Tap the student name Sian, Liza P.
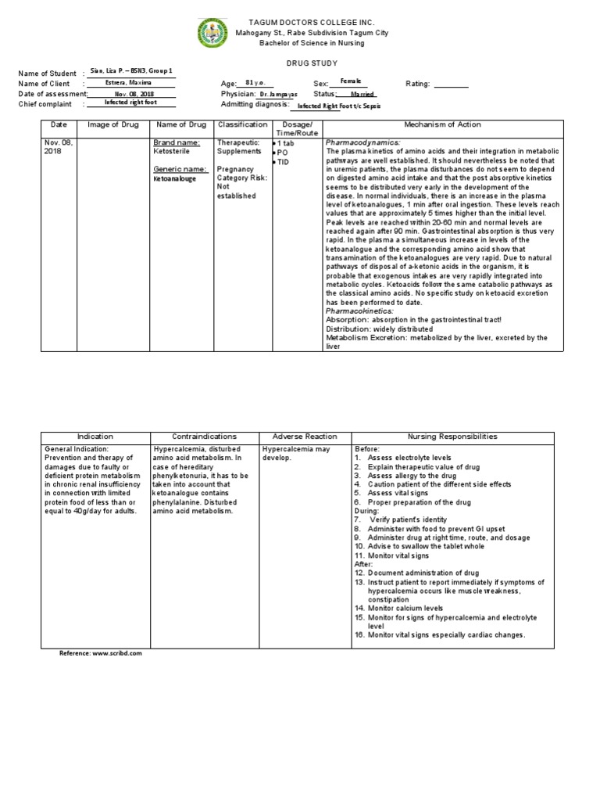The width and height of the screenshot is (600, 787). [x=130, y=71]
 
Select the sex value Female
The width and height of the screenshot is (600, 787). [x=351, y=81]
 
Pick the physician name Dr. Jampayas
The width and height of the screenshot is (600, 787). [x=277, y=94]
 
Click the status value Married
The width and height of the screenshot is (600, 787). [x=362, y=94]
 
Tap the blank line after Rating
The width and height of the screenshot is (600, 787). [x=451, y=84]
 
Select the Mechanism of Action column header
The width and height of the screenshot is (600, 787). [x=442, y=125]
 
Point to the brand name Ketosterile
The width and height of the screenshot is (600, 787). [x=172, y=152]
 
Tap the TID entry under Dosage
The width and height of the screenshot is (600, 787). [x=284, y=161]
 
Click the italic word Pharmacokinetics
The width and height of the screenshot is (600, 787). [x=359, y=311]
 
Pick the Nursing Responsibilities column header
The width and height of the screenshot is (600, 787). [x=452, y=437]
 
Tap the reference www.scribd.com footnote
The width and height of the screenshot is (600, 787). [x=102, y=652]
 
